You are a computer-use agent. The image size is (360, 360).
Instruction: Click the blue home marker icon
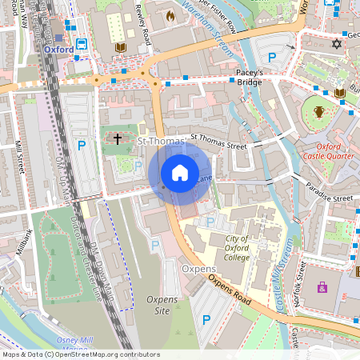pyautogui.click(x=180, y=172)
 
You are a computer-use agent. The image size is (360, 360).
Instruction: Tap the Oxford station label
pyautogui.click(x=58, y=49)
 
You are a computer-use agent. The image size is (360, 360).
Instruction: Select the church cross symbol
pyautogui.click(x=118, y=139)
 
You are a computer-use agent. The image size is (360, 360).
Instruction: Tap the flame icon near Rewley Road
pyautogui.click(x=170, y=15)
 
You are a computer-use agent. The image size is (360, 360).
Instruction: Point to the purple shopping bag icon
pyautogui.click(x=322, y=286)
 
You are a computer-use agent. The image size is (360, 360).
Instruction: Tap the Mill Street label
pyautogui.click(x=18, y=158)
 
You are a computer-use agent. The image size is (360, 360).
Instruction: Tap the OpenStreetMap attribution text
pyautogui.click(x=80, y=354)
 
